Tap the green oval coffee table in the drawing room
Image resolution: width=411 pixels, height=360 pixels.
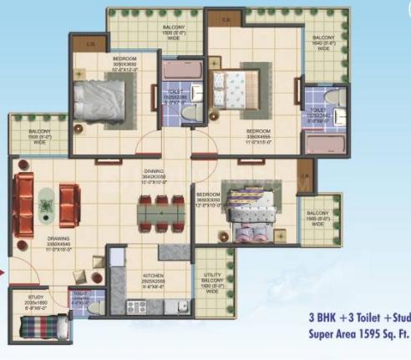[x=44, y=200]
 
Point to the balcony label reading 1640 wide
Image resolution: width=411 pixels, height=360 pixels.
[x=324, y=43]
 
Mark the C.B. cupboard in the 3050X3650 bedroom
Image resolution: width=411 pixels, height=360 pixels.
[x=90, y=43]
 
